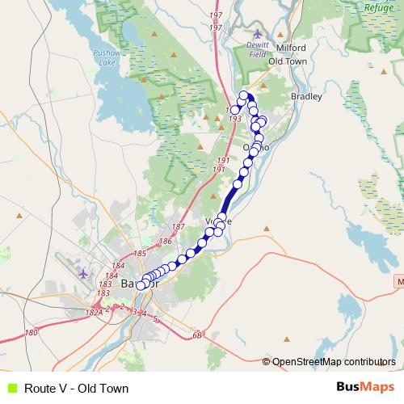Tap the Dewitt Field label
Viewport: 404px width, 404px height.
point(258,49)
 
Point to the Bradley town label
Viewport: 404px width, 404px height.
point(306,96)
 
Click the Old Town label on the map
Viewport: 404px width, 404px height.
point(287,61)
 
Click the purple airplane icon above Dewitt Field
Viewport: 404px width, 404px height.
point(258,33)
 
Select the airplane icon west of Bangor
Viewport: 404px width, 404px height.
point(83,273)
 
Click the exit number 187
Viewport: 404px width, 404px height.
point(179,227)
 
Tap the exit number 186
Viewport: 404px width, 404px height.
point(166,241)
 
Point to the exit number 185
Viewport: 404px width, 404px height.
point(139,254)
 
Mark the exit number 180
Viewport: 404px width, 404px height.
point(32,332)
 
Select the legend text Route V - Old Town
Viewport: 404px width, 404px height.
point(76,389)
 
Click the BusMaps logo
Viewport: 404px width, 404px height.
point(364,388)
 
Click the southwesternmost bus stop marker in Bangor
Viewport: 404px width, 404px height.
point(141,285)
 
